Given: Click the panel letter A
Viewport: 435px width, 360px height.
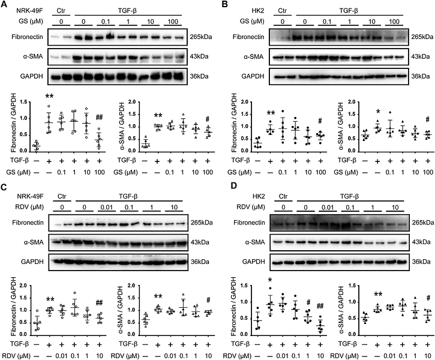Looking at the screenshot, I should [x=5, y=5].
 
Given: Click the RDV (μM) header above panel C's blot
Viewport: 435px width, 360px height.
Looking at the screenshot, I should [x=25, y=204].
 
